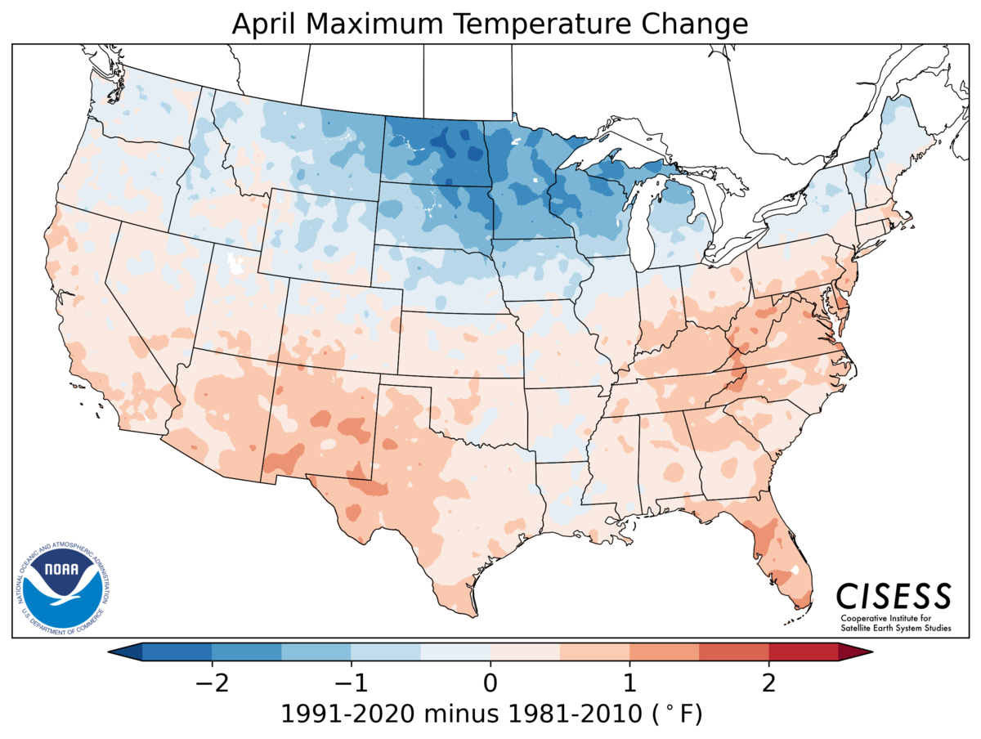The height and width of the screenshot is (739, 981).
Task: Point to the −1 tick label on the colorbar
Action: pyautogui.click(x=346, y=680)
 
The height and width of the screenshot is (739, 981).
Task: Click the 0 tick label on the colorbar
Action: pyautogui.click(x=490, y=680)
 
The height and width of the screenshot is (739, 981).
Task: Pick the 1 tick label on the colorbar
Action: pyautogui.click(x=629, y=680)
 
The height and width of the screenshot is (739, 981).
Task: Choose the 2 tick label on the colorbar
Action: pyautogui.click(x=768, y=680)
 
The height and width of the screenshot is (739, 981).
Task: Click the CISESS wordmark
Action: pyautogui.click(x=894, y=594)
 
